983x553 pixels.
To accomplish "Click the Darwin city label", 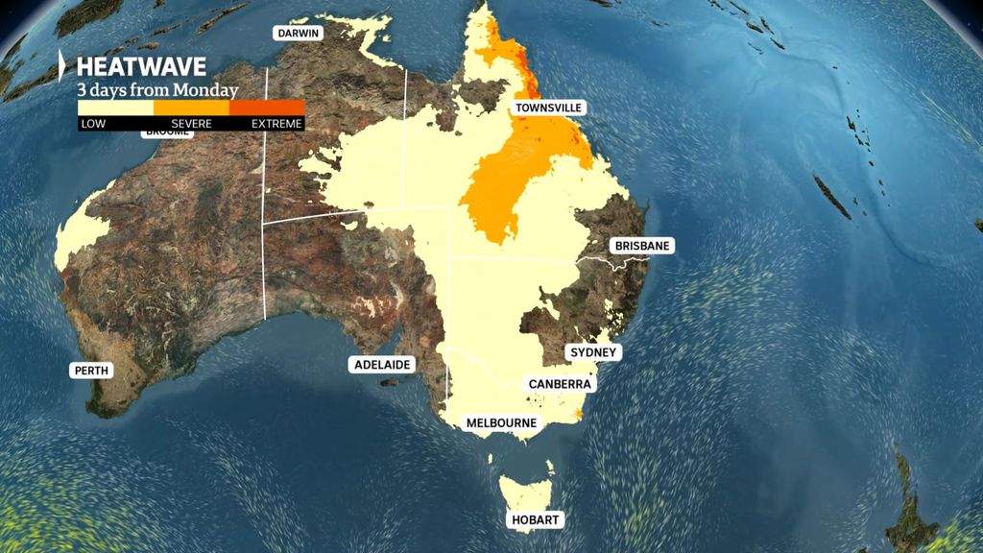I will point(299,33).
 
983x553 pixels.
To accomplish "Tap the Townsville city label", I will point(548,108).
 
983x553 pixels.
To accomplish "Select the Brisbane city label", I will point(642,246).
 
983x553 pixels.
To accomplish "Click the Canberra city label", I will point(561,384).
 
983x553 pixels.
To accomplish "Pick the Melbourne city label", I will point(500,422).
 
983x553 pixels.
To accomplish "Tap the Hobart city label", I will point(535,519).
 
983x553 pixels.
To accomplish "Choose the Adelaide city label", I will point(382,365).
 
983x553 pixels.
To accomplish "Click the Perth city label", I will point(92,370).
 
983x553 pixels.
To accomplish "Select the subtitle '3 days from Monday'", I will point(158,90).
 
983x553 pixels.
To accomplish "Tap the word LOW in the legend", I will point(93,124).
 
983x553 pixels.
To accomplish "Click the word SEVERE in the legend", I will point(191,124).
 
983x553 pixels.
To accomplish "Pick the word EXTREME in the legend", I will point(276,124).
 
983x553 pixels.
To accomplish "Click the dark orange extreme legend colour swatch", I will point(267,108).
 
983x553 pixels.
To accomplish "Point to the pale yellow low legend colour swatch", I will point(115,108).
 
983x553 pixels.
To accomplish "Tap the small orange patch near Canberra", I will point(578,414).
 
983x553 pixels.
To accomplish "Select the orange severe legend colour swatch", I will point(191,108).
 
